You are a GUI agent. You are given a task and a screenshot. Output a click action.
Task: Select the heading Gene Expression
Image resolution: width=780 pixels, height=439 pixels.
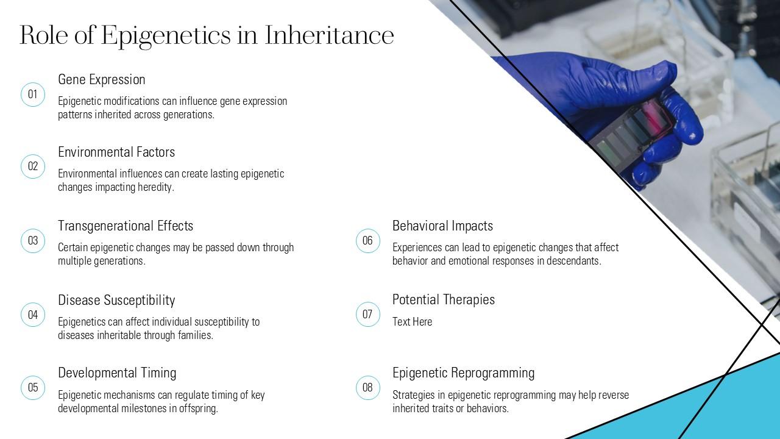[x=101, y=80]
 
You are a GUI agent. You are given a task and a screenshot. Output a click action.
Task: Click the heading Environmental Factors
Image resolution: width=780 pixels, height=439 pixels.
[x=116, y=152]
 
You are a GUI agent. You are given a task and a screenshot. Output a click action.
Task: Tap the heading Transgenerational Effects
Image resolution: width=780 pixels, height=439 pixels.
[x=126, y=226]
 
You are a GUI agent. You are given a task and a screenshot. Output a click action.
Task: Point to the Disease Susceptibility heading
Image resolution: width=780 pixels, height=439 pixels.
[x=116, y=301]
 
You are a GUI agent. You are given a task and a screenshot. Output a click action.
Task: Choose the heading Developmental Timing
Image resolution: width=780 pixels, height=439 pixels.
[x=117, y=373]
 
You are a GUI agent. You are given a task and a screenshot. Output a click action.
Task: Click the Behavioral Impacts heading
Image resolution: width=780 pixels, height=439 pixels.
[x=442, y=226]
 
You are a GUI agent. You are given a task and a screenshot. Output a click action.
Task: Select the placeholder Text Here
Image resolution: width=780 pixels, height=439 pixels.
[x=413, y=321]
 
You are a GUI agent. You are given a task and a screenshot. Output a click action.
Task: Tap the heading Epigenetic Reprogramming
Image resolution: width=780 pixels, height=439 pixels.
[x=464, y=373]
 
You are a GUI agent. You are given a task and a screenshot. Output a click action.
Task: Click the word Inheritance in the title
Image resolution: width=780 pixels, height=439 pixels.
[x=329, y=35]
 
